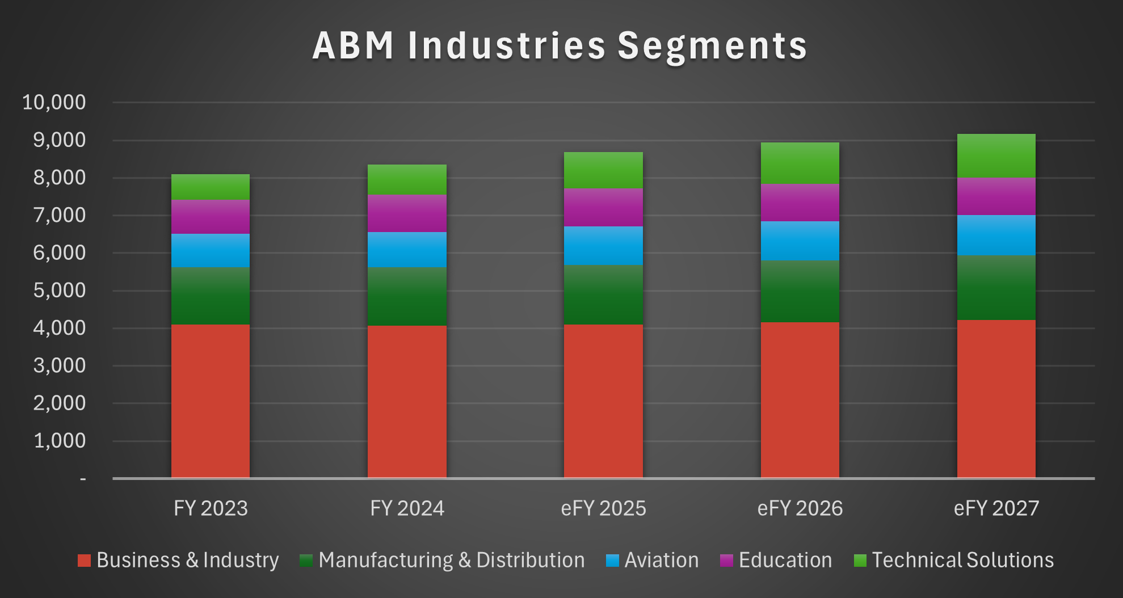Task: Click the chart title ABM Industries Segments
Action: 560,46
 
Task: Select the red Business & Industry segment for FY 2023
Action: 210,401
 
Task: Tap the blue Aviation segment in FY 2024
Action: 407,250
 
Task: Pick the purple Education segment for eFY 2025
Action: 603,207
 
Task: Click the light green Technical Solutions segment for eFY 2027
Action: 996,156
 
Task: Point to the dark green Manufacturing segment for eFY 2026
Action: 800,292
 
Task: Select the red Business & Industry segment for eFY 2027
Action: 996,398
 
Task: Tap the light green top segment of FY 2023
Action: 210,187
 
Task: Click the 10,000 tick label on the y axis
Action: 54,103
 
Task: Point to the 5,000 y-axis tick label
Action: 59,290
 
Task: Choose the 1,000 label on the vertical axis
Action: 59,441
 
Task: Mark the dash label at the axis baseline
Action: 83,479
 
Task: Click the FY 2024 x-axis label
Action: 407,508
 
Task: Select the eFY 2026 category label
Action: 800,508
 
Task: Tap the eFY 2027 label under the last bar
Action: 996,508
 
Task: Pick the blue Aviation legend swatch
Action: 612,561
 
